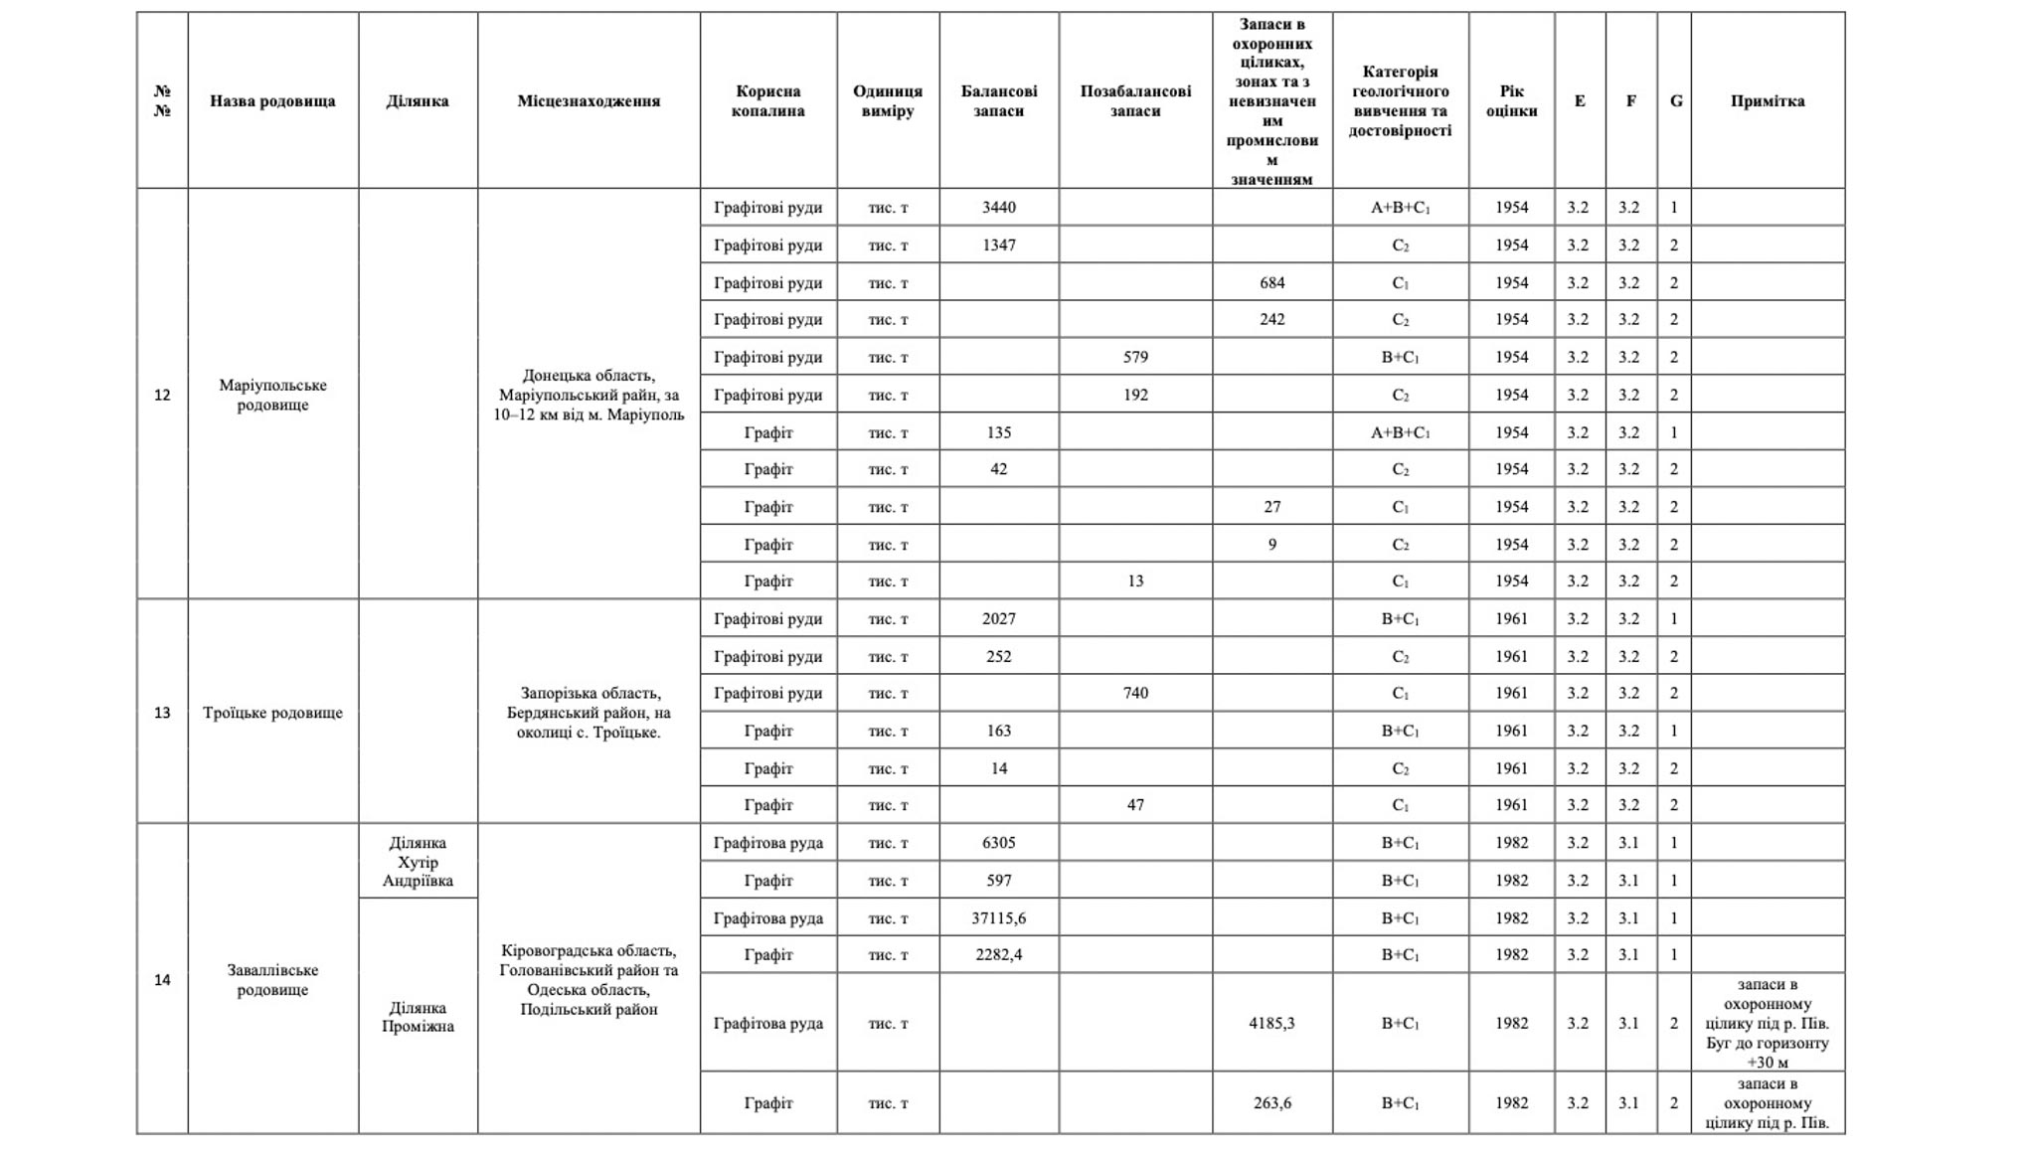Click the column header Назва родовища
pyautogui.click(x=272, y=101)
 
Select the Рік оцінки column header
pyautogui.click(x=1511, y=101)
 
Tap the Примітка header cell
pyautogui.click(x=1767, y=101)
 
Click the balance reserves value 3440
pyautogui.click(x=998, y=208)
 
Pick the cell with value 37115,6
pyautogui.click(x=998, y=918)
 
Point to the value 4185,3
pyautogui.click(x=1271, y=1023)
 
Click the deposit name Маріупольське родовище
pyautogui.click(x=272, y=395)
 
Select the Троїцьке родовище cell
pyautogui.click(x=272, y=713)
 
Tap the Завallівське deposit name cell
pyautogui.click(x=272, y=980)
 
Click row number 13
pyautogui.click(x=162, y=713)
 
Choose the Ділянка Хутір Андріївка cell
pyautogui.click(x=418, y=862)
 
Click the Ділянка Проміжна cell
pyautogui.click(x=418, y=1017)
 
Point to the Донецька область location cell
pyautogui.click(x=589, y=395)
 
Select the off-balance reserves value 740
pyautogui.click(x=1135, y=694)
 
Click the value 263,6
pyautogui.click(x=1271, y=1103)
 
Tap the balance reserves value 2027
pyautogui.click(x=998, y=619)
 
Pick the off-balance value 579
pyautogui.click(x=1135, y=358)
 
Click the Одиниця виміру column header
pyautogui.click(x=887, y=101)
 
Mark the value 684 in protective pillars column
pyautogui.click(x=1271, y=283)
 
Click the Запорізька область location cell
pyautogui.click(x=589, y=713)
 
